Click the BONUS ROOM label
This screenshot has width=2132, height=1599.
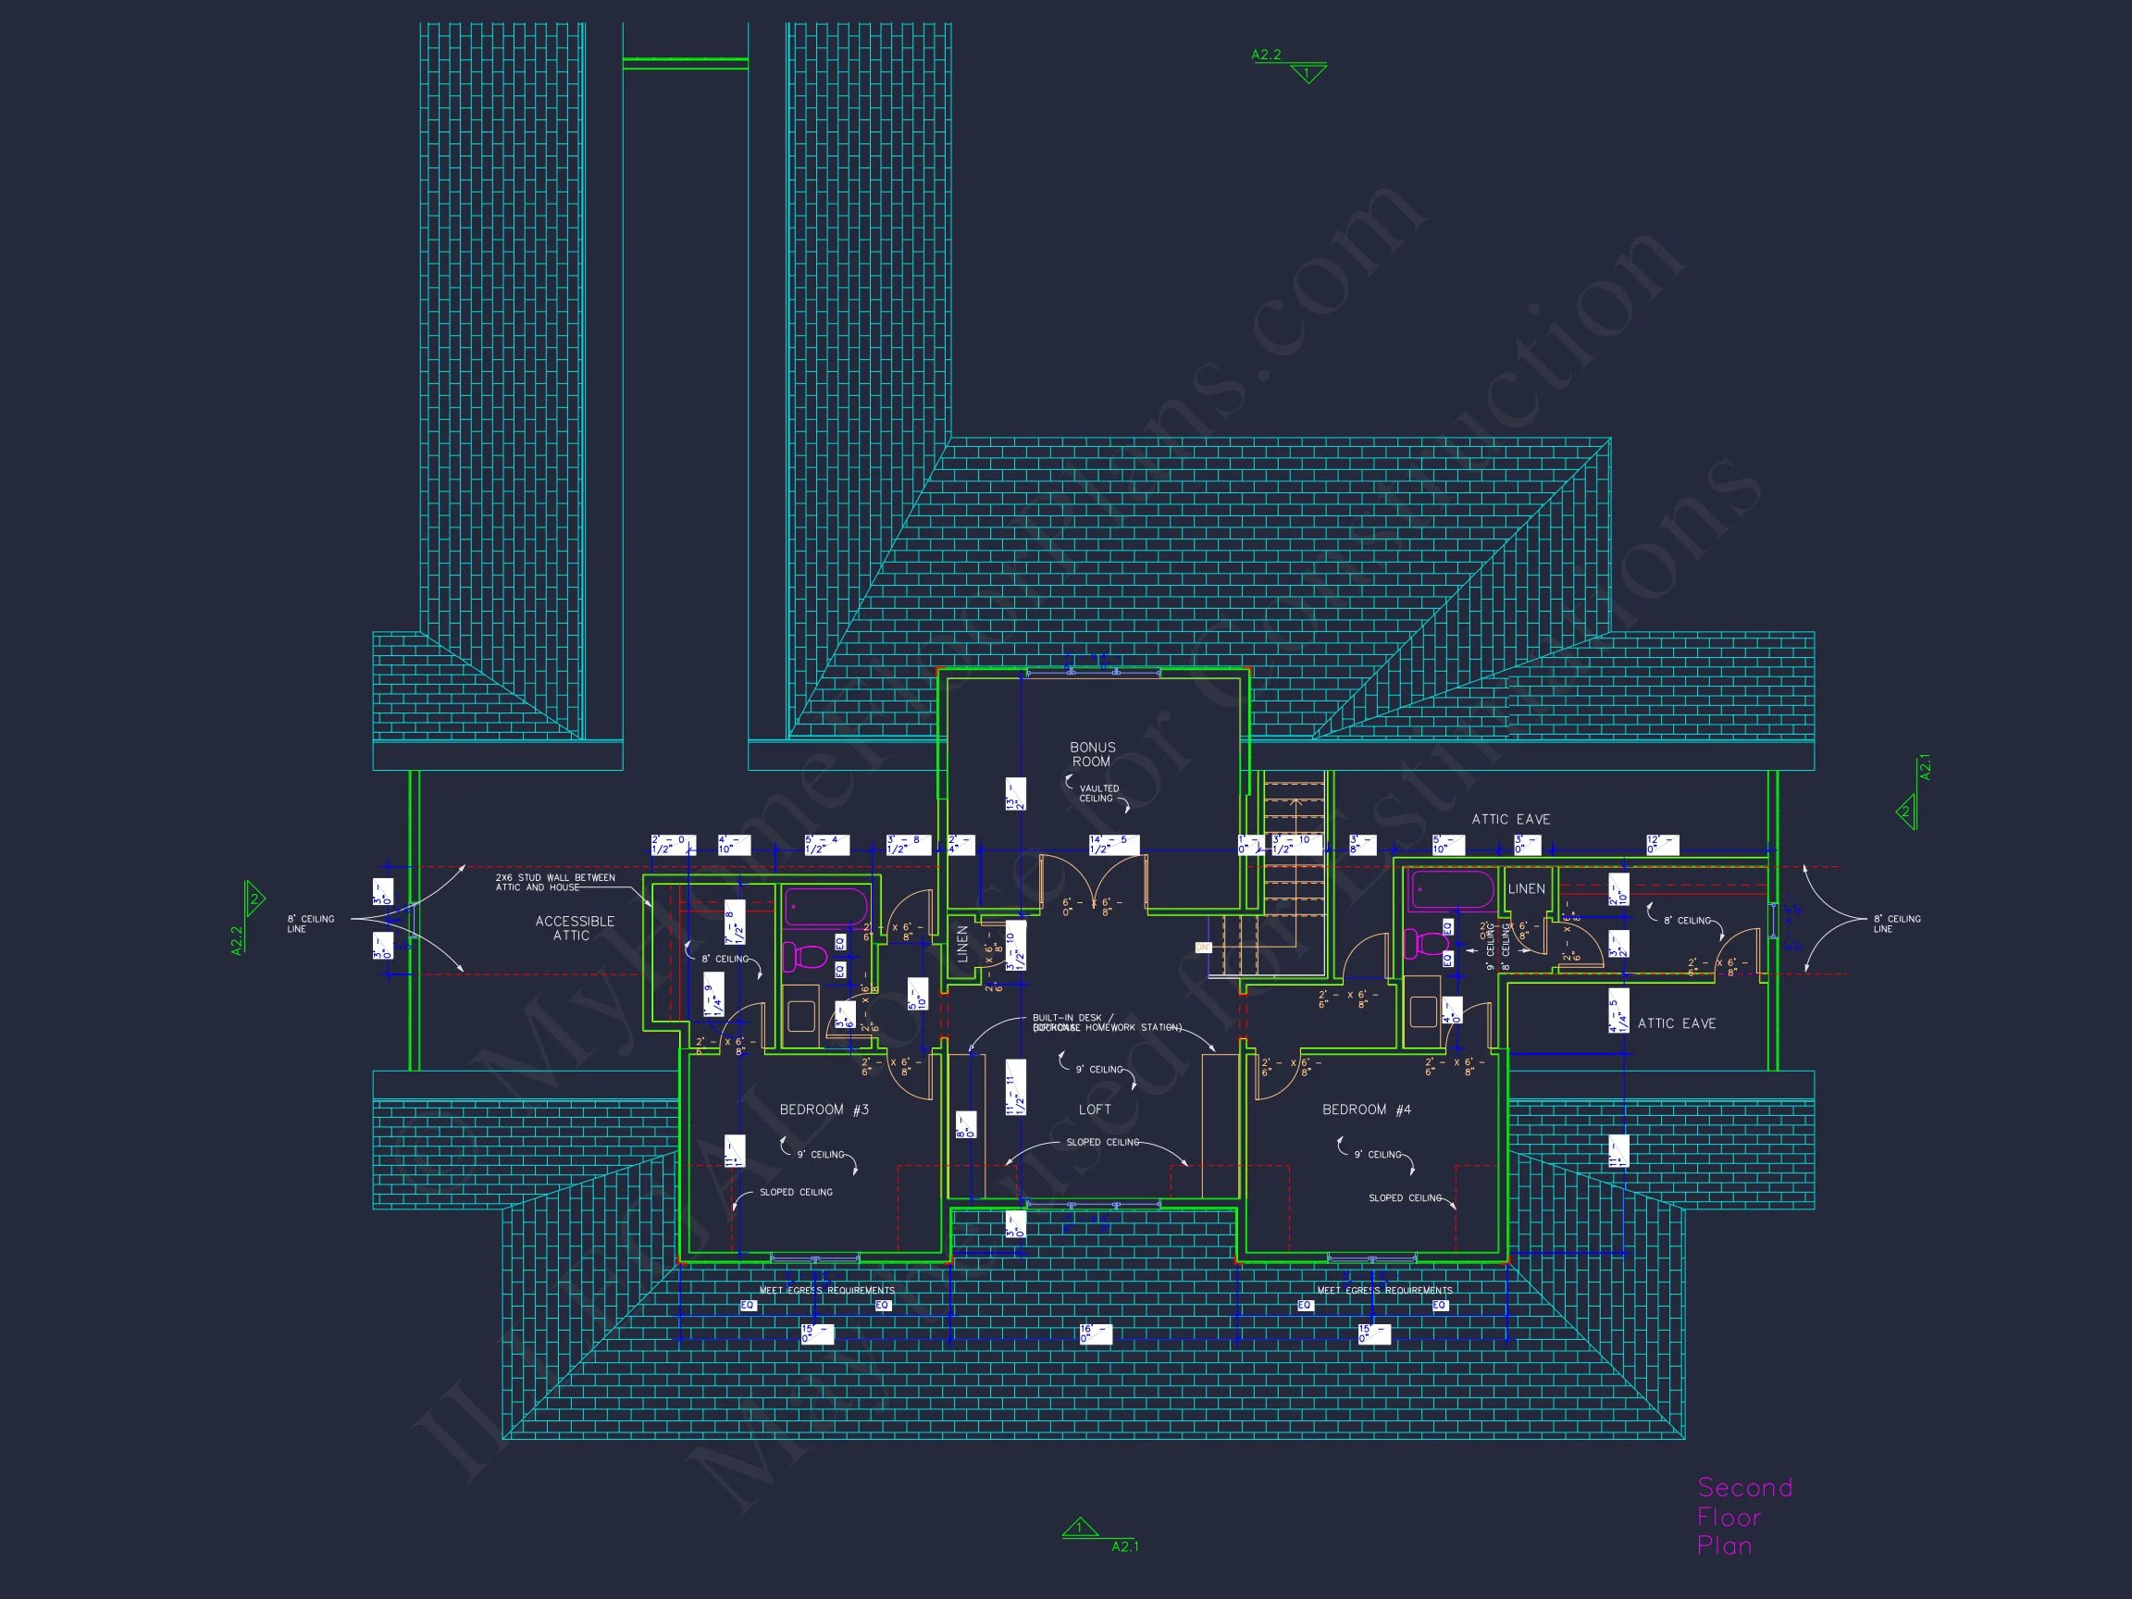[1092, 754]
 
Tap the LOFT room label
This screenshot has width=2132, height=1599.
[1095, 1109]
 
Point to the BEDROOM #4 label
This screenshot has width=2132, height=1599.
[1366, 1109]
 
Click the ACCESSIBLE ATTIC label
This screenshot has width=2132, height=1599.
[575, 928]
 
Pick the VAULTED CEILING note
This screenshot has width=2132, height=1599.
[1097, 793]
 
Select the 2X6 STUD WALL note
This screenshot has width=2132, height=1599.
[554, 882]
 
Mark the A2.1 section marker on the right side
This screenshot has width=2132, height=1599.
[1913, 797]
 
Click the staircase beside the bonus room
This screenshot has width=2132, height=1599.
[1294, 849]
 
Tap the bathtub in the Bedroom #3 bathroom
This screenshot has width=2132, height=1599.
[827, 907]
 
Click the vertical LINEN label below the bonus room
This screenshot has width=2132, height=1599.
[962, 944]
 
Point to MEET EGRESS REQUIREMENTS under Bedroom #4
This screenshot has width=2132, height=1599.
[1384, 1290]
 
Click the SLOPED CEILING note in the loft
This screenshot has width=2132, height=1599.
[1102, 1142]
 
